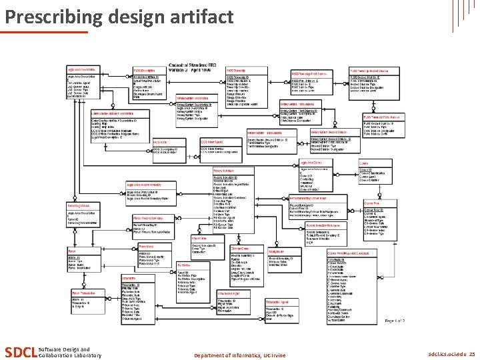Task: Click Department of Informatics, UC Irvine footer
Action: [x=239, y=355]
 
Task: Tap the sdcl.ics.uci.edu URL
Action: [x=446, y=354]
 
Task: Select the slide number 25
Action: [x=471, y=354]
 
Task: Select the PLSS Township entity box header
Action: [x=239, y=69]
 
